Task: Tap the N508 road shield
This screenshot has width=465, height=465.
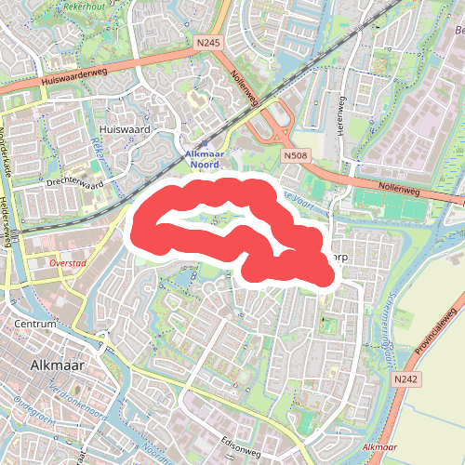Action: [295, 156]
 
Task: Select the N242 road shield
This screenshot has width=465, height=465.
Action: [405, 379]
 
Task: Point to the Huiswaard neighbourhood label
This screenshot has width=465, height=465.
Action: [125, 129]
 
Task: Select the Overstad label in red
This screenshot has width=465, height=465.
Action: [67, 263]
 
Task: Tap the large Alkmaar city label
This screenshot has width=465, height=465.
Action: [58, 365]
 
